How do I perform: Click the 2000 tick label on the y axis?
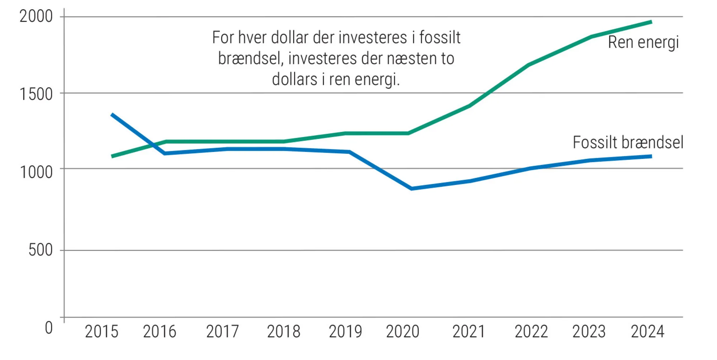(x=36, y=16)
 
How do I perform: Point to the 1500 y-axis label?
(x=36, y=94)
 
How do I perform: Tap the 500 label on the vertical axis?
(x=41, y=250)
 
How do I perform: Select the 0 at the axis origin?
(x=49, y=328)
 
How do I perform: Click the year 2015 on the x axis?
(x=101, y=332)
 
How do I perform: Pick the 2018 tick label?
(x=284, y=332)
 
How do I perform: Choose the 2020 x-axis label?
(x=403, y=332)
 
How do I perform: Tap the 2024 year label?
(x=647, y=332)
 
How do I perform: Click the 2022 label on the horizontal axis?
(x=531, y=332)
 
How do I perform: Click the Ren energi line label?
(x=643, y=43)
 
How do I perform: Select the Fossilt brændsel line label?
(x=628, y=142)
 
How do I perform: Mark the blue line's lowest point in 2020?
(x=411, y=188)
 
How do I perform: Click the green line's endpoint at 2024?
(x=651, y=22)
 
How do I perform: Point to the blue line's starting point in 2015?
(x=112, y=115)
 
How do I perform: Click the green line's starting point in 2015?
(x=113, y=156)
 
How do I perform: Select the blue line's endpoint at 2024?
(x=651, y=156)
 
